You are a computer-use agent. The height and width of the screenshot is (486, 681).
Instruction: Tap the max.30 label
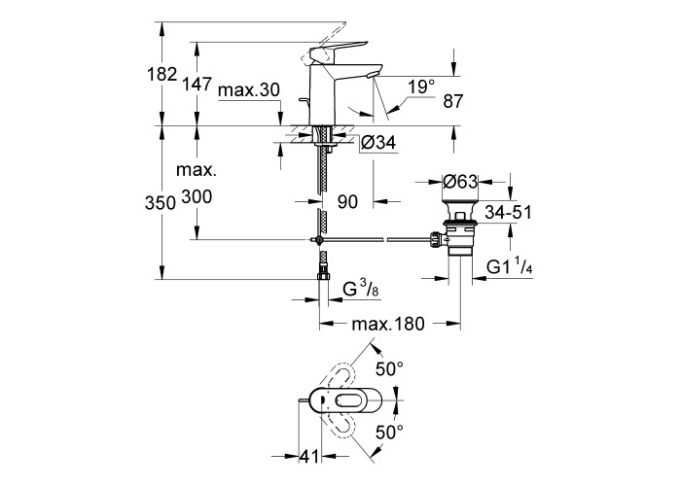249,90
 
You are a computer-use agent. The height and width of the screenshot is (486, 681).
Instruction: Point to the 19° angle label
420,87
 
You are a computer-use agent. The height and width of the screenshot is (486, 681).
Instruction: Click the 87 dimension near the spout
453,99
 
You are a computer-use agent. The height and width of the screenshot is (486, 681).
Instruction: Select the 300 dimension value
197,197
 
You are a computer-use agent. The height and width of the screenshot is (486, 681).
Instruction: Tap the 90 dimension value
348,201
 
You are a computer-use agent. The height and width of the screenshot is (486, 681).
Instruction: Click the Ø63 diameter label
459,181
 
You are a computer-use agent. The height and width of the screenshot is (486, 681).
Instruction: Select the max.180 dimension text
390,324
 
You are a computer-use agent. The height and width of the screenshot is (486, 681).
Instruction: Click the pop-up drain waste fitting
459,233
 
